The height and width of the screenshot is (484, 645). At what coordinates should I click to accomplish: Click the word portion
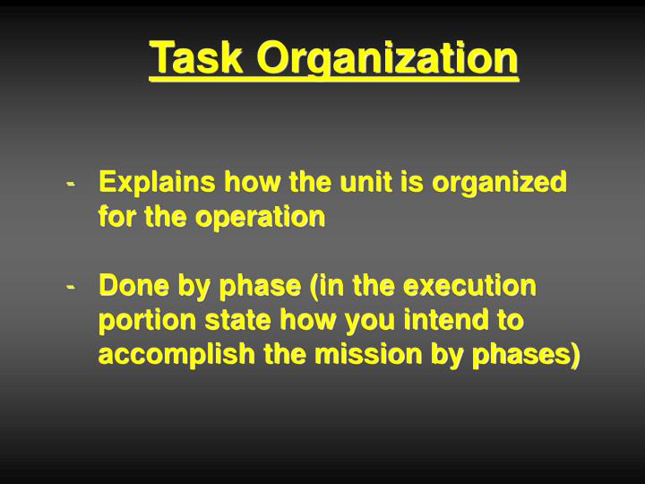[x=136, y=321]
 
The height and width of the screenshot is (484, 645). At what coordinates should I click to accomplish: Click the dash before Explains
[x=71, y=183]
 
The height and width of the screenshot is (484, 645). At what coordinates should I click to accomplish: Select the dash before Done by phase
[x=71, y=287]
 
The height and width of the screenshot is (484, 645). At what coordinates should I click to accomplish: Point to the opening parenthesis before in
[x=314, y=287]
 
